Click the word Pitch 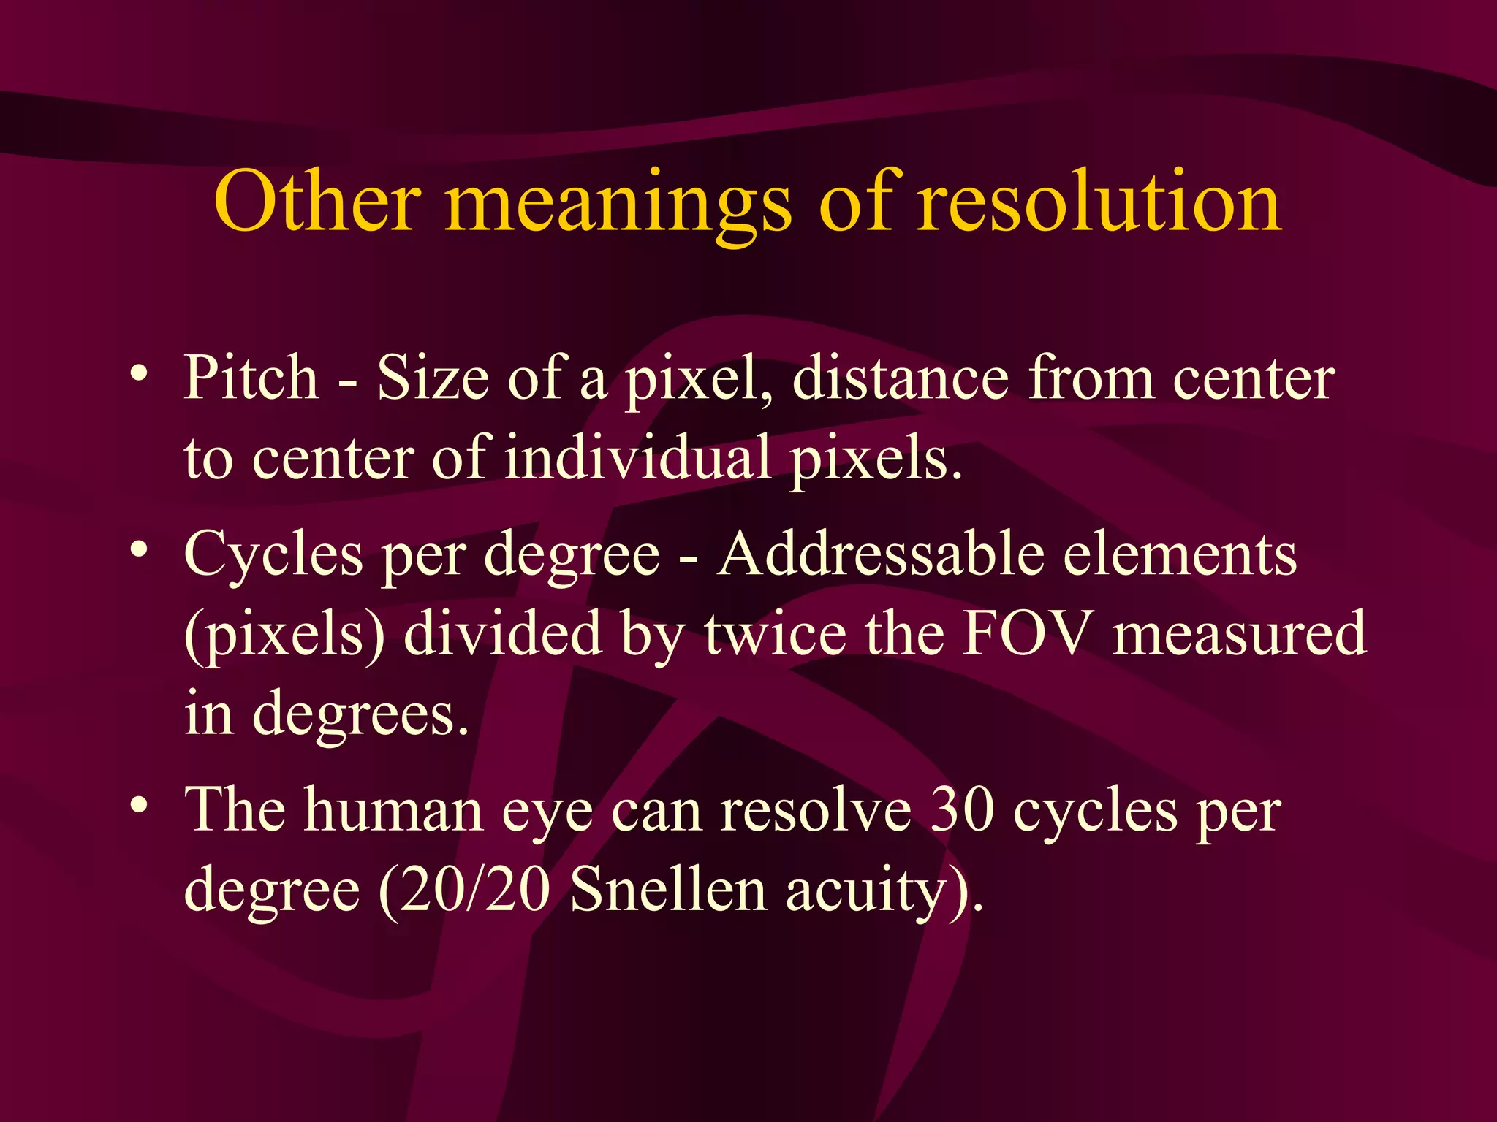coord(251,378)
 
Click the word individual coord(637,459)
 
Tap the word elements coord(1180,554)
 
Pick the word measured coord(1239,633)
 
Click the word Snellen coord(668,890)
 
